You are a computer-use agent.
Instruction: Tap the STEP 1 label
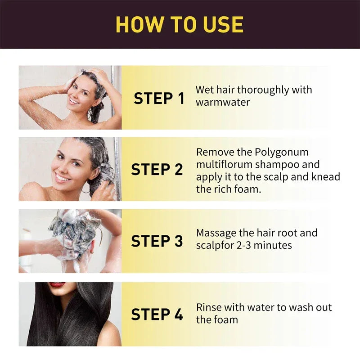(x=159, y=99)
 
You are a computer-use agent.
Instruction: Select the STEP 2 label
(x=157, y=170)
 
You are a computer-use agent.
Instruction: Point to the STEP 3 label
(x=157, y=241)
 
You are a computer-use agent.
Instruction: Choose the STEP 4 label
(x=157, y=315)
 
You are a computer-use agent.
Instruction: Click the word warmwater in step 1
(x=223, y=102)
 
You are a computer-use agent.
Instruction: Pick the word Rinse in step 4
(x=209, y=308)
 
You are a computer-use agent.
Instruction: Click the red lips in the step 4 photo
(x=57, y=285)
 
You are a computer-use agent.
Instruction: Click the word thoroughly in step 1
(x=263, y=90)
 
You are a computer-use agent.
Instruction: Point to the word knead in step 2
(x=324, y=177)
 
